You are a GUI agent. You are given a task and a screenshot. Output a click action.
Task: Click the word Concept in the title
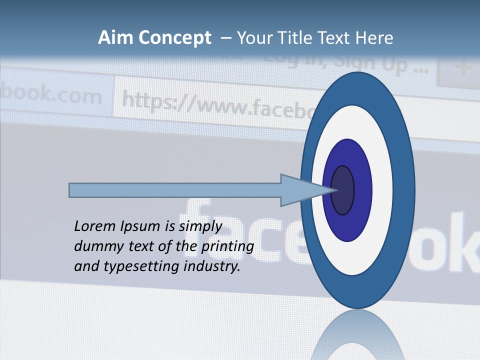pos(174,38)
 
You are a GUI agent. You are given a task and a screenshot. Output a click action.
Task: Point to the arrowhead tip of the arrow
pos(336,190)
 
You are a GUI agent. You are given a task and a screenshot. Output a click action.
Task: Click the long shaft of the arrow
pos(175,190)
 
